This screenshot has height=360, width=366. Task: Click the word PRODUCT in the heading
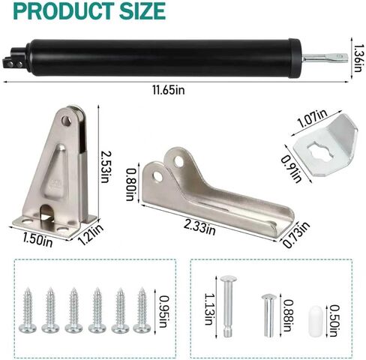click(64, 11)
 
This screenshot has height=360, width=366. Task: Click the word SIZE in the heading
click(142, 11)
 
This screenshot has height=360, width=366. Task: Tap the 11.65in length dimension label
click(169, 90)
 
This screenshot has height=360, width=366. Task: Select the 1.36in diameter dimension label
click(358, 58)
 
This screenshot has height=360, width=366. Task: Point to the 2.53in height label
click(106, 167)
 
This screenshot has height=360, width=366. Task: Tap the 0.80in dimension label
click(130, 185)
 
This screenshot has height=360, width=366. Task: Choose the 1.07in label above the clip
click(312, 118)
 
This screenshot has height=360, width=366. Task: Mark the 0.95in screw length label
click(163, 311)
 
